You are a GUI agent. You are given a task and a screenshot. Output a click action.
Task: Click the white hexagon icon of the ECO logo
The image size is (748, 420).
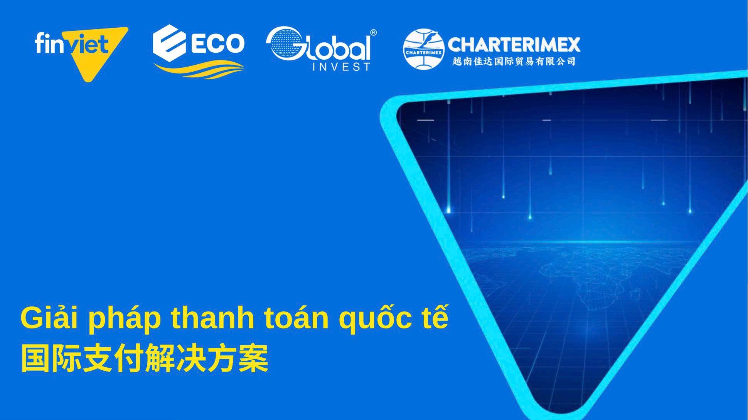[x=169, y=42]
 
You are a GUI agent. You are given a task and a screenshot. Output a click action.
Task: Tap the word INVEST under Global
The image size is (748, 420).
[x=341, y=67]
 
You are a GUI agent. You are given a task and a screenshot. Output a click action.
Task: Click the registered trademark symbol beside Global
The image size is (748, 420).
[x=373, y=33]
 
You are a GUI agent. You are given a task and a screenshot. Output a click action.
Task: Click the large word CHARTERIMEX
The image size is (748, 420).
[x=514, y=45]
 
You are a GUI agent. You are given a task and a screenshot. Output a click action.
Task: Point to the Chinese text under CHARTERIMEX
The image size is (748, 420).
[x=514, y=61]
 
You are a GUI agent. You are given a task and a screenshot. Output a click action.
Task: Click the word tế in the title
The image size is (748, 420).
[x=435, y=318]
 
